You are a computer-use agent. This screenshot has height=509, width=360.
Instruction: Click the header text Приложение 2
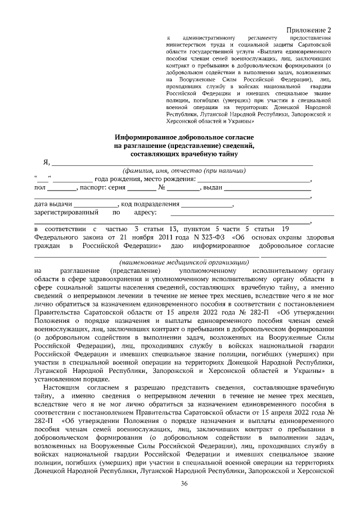(x=308, y=29)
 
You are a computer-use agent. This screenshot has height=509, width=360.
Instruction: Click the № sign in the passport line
(x=161, y=188)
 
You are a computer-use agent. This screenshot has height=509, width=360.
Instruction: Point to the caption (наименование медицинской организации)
(x=184, y=262)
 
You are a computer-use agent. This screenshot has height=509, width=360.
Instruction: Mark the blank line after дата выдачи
(x=95, y=205)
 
